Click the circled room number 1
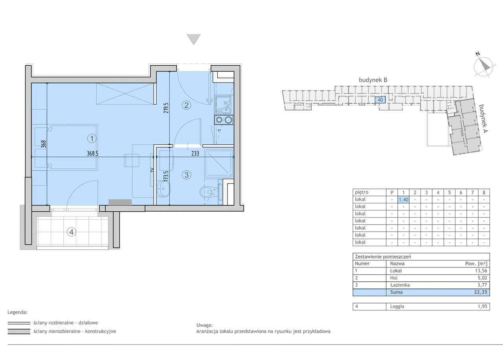point(92,138)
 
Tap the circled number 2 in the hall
point(186,105)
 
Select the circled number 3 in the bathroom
point(186,175)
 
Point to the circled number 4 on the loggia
point(72,232)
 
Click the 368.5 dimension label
point(92,153)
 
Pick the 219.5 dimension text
point(166,108)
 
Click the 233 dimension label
point(195,153)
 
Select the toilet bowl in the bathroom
point(207,192)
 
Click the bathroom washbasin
point(163,189)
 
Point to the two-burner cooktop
point(224,120)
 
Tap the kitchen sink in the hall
point(224,105)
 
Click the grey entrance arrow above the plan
point(194,39)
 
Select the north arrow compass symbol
point(483,66)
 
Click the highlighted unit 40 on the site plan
point(380,100)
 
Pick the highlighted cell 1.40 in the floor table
point(404,199)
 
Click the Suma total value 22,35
point(481,292)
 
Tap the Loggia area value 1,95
point(482,306)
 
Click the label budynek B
point(373,80)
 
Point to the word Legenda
point(17,312)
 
